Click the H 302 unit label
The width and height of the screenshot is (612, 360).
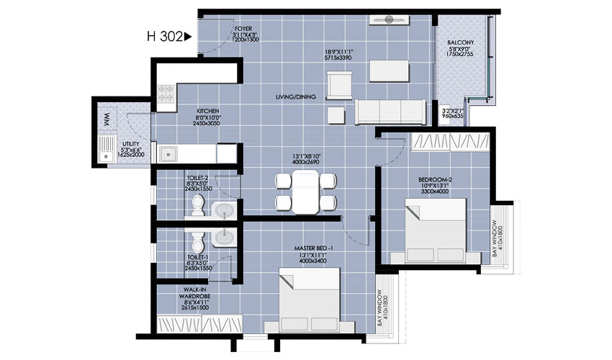165,35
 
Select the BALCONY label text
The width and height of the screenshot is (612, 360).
460,42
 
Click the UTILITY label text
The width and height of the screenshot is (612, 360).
130,143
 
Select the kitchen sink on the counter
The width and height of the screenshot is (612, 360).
170,153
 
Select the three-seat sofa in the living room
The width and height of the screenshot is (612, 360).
389,112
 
